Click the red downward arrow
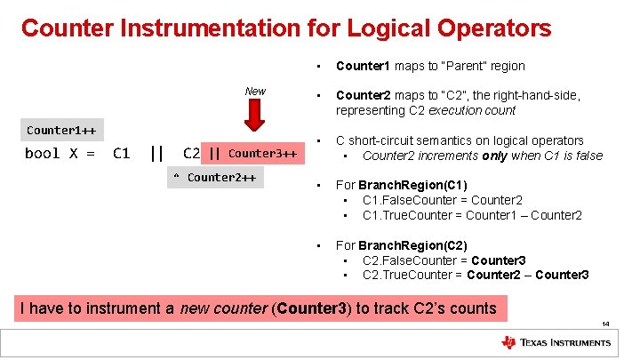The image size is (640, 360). tap(255, 116)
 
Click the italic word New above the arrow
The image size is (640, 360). tap(255, 91)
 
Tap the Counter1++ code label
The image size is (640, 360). tap(60, 131)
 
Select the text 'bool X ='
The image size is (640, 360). tap(60, 153)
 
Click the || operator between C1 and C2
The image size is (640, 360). tap(156, 153)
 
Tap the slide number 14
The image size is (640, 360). tap(604, 324)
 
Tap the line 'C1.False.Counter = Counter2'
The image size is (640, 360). tap(442, 200)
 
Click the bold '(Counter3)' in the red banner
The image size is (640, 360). tap(317, 308)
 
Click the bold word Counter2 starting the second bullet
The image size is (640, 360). tap(364, 96)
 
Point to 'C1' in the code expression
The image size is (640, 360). tap(122, 153)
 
